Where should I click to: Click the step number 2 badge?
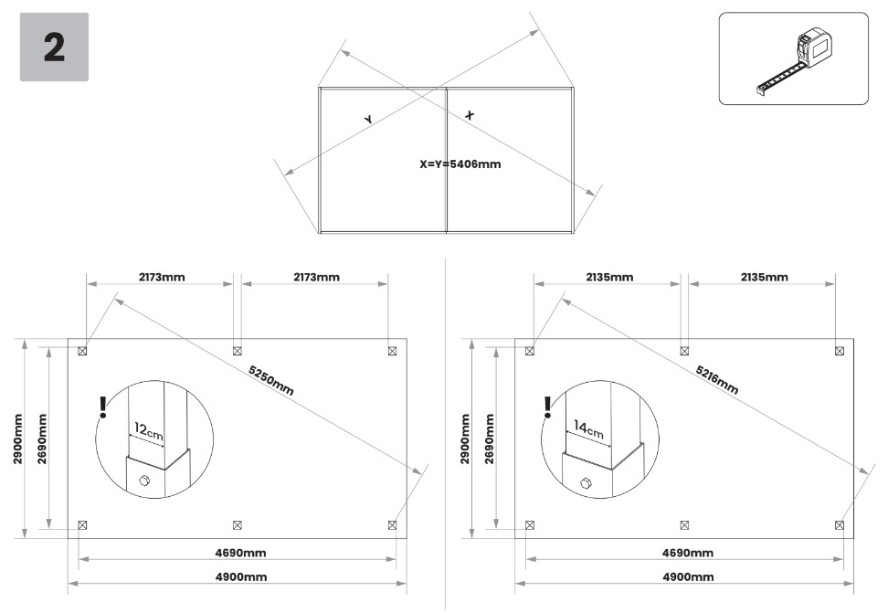click(54, 48)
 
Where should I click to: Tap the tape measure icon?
click(793, 59)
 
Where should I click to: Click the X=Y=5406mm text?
click(460, 165)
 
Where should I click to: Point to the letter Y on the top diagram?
click(368, 120)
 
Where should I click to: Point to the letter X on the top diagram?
click(470, 115)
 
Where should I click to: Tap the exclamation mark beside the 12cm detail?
click(104, 407)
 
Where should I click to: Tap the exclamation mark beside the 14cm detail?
click(547, 407)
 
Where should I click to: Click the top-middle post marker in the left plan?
click(238, 350)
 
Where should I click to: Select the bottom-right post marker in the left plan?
click(393, 524)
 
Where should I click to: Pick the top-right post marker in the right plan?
click(840, 350)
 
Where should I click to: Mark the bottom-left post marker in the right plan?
click(530, 524)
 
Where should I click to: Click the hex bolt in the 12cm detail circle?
click(143, 481)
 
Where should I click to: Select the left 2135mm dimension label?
click(609, 277)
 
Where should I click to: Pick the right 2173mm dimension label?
click(316, 277)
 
